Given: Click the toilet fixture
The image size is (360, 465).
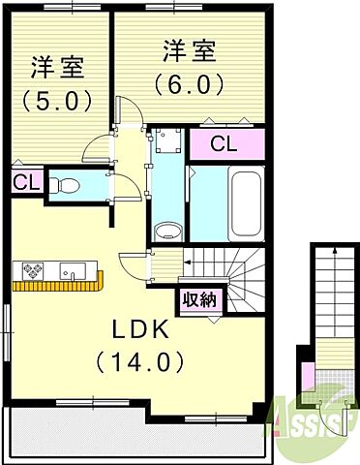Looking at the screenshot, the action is click(x=65, y=186).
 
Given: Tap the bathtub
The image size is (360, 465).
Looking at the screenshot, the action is click(x=246, y=204).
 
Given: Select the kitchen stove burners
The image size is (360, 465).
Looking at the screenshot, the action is click(x=33, y=270).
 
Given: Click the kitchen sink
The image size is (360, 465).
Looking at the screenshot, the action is click(x=73, y=271).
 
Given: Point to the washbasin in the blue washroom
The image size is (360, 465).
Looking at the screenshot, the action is click(x=167, y=232).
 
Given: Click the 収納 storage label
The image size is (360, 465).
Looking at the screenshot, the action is click(x=199, y=300).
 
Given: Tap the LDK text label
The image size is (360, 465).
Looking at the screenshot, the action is click(x=140, y=330).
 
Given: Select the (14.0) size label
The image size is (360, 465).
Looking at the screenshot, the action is click(x=140, y=362).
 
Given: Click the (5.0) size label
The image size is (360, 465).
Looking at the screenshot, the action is click(x=56, y=100).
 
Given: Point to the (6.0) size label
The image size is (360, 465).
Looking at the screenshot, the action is click(x=189, y=84).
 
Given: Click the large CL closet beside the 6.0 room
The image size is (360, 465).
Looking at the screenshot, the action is click(x=227, y=144).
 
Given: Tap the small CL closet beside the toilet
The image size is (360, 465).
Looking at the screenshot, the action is click(x=26, y=183).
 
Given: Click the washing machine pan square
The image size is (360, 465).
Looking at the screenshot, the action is click(x=167, y=141).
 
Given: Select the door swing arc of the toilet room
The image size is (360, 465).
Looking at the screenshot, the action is click(x=132, y=183).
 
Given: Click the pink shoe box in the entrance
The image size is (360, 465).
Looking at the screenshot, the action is click(x=309, y=379).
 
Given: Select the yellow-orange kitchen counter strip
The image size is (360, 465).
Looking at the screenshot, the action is click(x=58, y=285).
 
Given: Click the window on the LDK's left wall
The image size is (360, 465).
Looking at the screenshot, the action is click(x=7, y=332).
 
